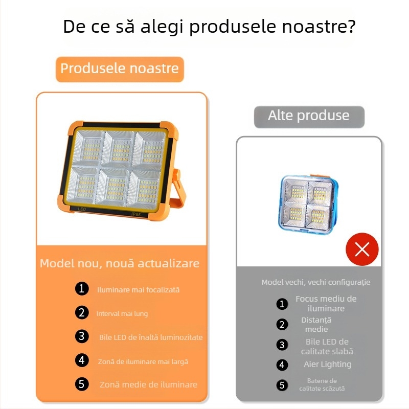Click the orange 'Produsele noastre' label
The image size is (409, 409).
(120, 69)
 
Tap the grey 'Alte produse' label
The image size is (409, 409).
(309, 117)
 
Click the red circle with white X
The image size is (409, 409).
(362, 249)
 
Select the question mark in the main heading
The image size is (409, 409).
(350, 26)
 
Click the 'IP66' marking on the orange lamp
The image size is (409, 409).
(136, 214)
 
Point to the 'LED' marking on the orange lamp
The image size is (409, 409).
(82, 209)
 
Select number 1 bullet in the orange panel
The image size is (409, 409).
(82, 288)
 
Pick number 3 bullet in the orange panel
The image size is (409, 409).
(82, 336)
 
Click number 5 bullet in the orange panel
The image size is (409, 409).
(82, 384)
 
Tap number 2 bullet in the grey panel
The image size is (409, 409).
(282, 325)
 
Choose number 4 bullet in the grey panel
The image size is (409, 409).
(282, 365)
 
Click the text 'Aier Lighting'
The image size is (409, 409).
(328, 365)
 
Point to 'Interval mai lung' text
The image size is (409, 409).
(122, 313)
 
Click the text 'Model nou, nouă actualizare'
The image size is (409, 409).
(120, 263)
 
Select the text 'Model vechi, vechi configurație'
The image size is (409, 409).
(316, 282)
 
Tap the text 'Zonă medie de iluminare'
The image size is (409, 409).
(148, 385)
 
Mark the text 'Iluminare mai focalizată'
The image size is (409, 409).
(138, 290)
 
